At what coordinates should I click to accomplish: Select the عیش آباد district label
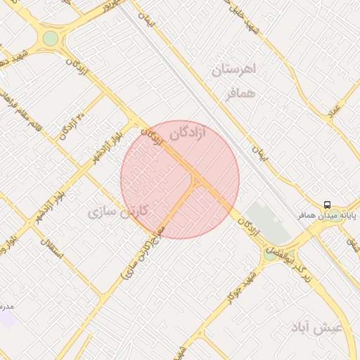coord(319,329)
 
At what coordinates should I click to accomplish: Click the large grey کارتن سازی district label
coord(117,211)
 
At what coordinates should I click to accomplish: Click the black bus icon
coord(327,205)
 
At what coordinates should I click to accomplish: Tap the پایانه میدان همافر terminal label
coord(326,216)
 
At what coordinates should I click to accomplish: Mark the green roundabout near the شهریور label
coord(51,38)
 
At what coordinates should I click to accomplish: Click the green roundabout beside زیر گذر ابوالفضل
coord(271,254)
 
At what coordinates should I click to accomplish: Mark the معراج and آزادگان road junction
coord(197,179)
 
